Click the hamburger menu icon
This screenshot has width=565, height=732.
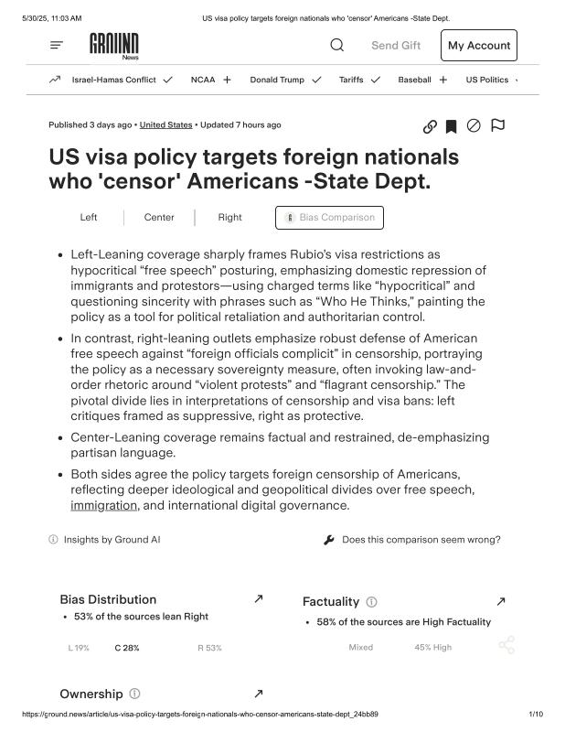(x=57, y=45)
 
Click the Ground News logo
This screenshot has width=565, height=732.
(x=114, y=45)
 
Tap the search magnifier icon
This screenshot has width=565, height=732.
(x=337, y=45)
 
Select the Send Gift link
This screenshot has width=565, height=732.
(x=396, y=46)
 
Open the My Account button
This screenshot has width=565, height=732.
(x=478, y=46)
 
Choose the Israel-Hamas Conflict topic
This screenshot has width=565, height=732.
(x=113, y=80)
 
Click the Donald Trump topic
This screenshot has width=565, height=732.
(x=277, y=80)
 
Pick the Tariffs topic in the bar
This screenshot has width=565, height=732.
(x=351, y=80)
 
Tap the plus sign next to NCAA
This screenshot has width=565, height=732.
(x=227, y=80)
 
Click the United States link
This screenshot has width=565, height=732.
(x=165, y=124)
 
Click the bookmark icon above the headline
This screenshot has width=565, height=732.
(x=451, y=126)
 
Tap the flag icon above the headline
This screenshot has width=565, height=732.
(x=497, y=125)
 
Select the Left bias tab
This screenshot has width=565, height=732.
(x=89, y=218)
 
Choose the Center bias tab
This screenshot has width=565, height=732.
(x=159, y=218)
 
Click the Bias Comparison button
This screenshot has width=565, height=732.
(x=329, y=218)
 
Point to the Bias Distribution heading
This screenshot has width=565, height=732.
(x=108, y=599)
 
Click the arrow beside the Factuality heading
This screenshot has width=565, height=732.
(x=500, y=601)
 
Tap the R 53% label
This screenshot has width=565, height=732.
(x=209, y=648)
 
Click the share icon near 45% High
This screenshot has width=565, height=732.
(x=506, y=646)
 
